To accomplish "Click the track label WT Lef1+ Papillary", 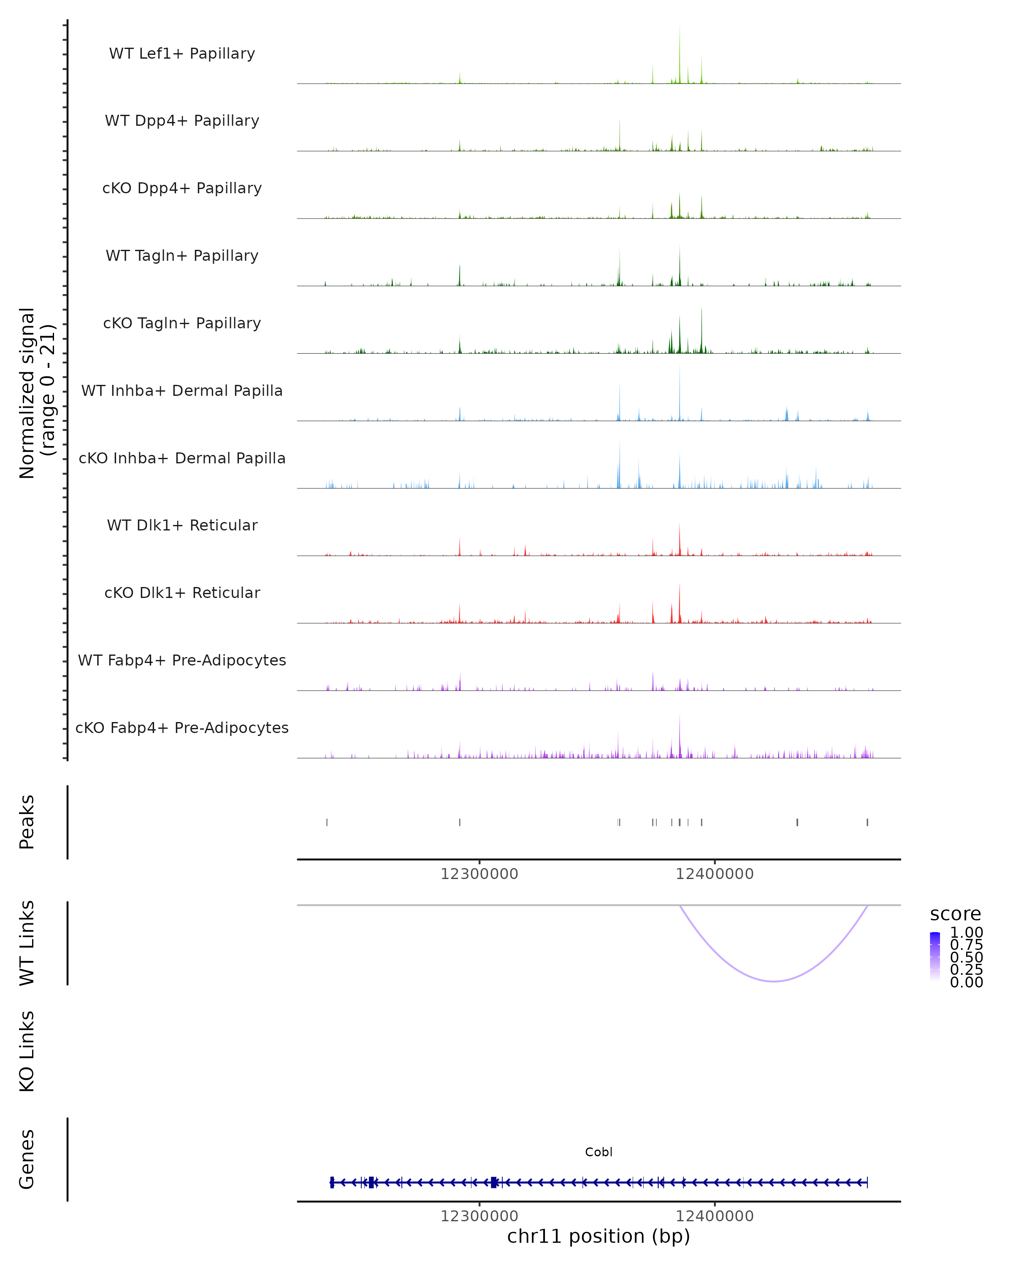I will [x=182, y=54].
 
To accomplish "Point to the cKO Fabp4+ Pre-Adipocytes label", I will [x=182, y=728].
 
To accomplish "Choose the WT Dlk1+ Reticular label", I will [x=182, y=525].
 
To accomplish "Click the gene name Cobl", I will [x=599, y=1152].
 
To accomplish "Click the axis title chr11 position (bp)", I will [x=599, y=1236].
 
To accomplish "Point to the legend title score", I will [x=956, y=914].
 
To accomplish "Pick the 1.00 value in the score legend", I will [x=967, y=933].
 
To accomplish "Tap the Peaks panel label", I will [x=27, y=822].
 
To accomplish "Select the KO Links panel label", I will [x=27, y=1051].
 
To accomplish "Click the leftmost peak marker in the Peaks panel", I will [x=327, y=822].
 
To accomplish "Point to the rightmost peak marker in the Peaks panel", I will [x=867, y=822].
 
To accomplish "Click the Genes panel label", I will [x=27, y=1159].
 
